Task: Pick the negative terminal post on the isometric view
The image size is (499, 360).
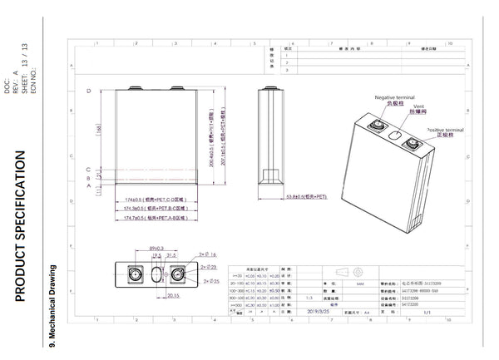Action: [373, 126]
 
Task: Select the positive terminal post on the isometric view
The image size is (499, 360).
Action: [413, 146]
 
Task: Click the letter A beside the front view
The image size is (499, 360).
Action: [88, 186]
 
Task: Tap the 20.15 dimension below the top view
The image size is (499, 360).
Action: [174, 294]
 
